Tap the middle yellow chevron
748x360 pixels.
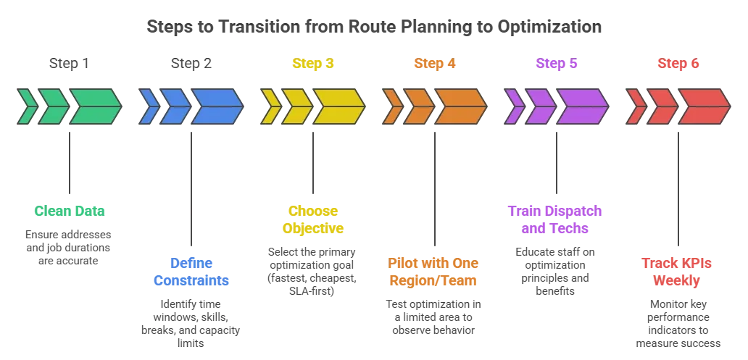coord(295,106)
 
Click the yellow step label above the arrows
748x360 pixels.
coord(312,64)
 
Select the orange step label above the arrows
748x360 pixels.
coord(435,64)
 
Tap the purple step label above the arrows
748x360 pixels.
coord(557,64)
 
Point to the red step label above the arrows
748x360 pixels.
coord(678,64)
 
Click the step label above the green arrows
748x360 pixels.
coord(70,64)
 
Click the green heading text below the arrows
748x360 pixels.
coord(70,212)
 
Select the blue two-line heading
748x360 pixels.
coord(190,271)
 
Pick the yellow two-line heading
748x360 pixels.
coord(312,219)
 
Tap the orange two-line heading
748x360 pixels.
coord(434,271)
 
